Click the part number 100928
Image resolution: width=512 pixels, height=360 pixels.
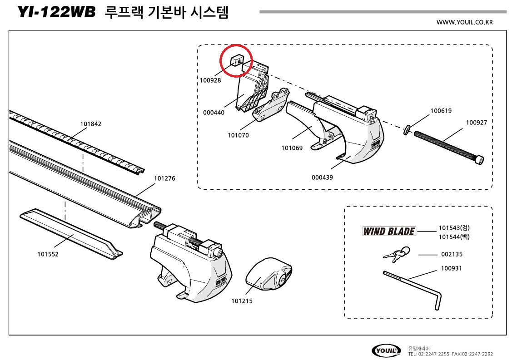coord(210,80)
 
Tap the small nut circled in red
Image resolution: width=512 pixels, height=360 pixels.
coord(238,59)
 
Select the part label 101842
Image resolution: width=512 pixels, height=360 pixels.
coord(91,124)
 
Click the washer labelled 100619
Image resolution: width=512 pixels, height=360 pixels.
coord(406,129)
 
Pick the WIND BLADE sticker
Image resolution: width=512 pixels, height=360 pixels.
coord(389,232)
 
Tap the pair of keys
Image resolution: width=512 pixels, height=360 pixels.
coord(396,254)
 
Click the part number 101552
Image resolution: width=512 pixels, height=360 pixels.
coord(48,254)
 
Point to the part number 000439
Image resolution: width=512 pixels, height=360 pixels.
coord(322,178)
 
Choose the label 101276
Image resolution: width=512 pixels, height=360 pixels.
coord(164,178)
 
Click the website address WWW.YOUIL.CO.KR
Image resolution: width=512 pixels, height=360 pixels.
coord(464,22)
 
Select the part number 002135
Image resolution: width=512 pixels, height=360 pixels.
coord(452,254)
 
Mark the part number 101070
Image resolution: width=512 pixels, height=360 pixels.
coord(238,135)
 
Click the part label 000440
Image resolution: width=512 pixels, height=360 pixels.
coord(214,113)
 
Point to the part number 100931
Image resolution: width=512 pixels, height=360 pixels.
coord(451,268)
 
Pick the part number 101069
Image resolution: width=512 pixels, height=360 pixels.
coord(292,148)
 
